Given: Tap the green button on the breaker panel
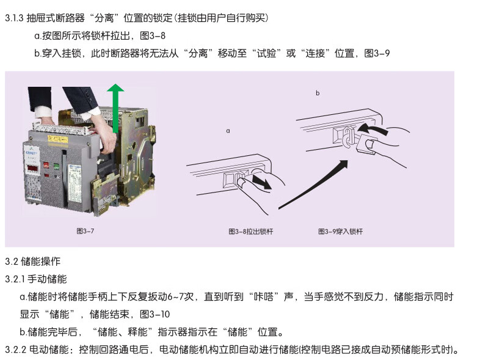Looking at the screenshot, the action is (x=56, y=166).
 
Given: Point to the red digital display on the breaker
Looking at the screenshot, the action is (x=33, y=169).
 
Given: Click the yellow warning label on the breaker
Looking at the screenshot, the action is (x=57, y=139).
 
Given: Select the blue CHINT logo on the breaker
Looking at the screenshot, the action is (x=31, y=153).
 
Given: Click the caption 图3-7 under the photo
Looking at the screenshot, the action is (x=85, y=231).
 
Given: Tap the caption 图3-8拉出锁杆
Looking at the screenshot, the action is (x=251, y=232).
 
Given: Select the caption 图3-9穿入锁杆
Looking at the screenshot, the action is (x=340, y=232).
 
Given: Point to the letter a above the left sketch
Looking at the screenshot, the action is (x=228, y=131).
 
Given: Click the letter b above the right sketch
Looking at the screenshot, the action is (x=318, y=93).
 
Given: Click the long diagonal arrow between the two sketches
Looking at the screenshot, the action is (x=313, y=185).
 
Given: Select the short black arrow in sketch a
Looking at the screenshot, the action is (x=261, y=182).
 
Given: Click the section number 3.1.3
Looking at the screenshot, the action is (x=14, y=18).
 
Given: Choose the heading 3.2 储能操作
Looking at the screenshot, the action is (x=32, y=262).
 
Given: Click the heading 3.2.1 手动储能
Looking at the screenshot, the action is (x=36, y=279).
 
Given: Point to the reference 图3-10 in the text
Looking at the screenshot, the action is (x=155, y=314).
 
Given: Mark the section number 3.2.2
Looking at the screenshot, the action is (x=16, y=350).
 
